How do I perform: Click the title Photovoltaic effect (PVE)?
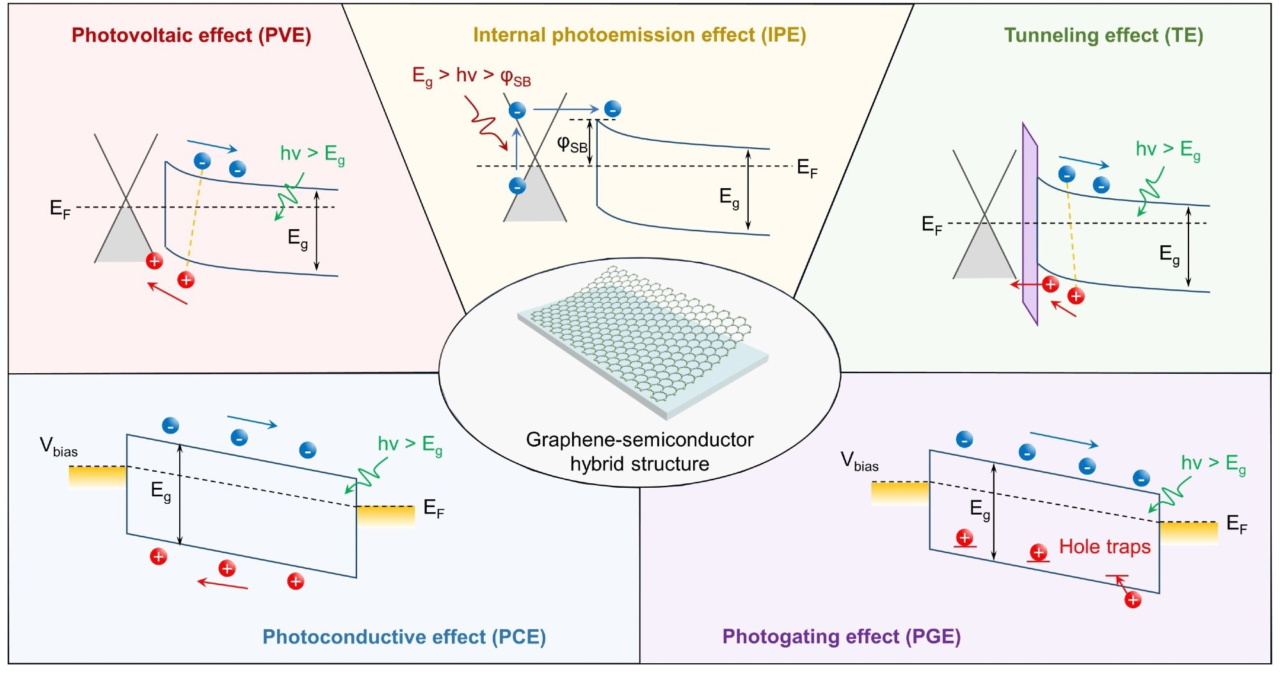(191, 35)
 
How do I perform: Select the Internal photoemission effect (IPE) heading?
(639, 35)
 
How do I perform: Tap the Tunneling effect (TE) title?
(1103, 35)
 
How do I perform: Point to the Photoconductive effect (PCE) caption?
(404, 637)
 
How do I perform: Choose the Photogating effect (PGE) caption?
(842, 636)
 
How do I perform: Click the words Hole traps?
(1105, 547)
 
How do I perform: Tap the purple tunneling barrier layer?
(1030, 224)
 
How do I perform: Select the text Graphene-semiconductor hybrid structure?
(640, 451)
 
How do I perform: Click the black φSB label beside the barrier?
(572, 145)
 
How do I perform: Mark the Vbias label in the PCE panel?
(58, 447)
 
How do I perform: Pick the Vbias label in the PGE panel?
(859, 462)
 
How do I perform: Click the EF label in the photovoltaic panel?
(60, 209)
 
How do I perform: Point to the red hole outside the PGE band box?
(1133, 600)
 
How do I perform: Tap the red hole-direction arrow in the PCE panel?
(223, 583)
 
